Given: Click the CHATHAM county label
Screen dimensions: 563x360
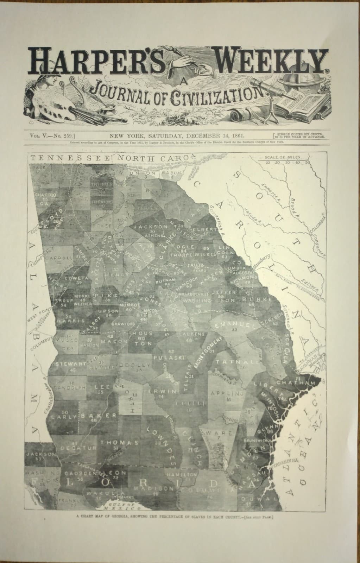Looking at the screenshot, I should (x=295, y=382).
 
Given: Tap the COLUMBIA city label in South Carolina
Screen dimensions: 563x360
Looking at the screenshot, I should (x=319, y=225).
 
